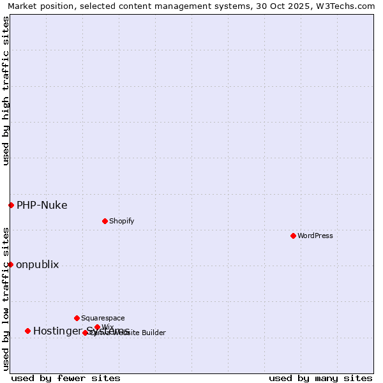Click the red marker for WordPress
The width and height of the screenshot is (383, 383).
click(293, 236)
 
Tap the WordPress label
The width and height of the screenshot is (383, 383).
click(315, 236)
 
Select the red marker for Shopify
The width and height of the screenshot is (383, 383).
click(105, 221)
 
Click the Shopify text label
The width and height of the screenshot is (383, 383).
click(121, 221)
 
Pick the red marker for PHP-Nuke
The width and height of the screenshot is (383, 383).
click(11, 205)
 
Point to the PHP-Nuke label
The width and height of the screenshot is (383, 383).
click(41, 205)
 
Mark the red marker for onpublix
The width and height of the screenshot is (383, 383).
click(10, 264)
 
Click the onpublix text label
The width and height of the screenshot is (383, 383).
click(37, 264)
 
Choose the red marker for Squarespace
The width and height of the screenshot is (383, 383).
click(77, 318)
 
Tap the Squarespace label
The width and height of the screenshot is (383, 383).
click(103, 318)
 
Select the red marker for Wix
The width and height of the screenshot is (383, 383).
click(97, 327)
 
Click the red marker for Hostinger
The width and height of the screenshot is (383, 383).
click(27, 331)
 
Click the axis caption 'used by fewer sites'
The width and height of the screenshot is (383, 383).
click(66, 378)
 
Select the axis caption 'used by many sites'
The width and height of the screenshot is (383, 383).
click(320, 378)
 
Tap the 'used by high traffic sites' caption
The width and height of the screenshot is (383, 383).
click(6, 91)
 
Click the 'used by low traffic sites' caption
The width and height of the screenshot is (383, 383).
click(6, 298)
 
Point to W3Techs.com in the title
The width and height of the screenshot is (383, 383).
click(348, 6)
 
